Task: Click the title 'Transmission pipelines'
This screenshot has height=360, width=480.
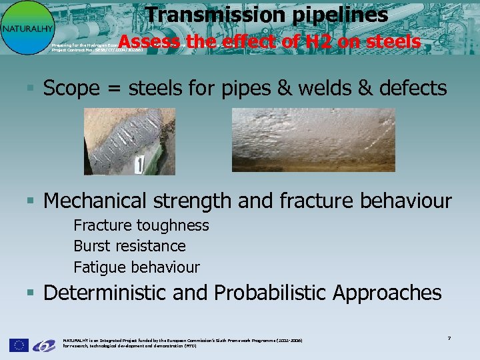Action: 267,14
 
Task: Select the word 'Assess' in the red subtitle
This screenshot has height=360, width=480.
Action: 150,42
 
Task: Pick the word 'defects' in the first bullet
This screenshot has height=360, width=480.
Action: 412,88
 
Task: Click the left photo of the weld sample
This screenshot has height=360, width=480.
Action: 129,141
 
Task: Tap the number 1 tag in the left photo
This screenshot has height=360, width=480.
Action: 139,165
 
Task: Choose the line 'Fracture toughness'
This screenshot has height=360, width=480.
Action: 141,225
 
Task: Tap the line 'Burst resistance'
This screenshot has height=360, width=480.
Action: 129,246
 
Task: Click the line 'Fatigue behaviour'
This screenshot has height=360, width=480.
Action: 136,267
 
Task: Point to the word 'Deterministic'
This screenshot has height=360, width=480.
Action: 106,293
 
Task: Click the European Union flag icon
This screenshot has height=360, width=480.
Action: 19,345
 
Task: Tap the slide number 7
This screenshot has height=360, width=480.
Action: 449,339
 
